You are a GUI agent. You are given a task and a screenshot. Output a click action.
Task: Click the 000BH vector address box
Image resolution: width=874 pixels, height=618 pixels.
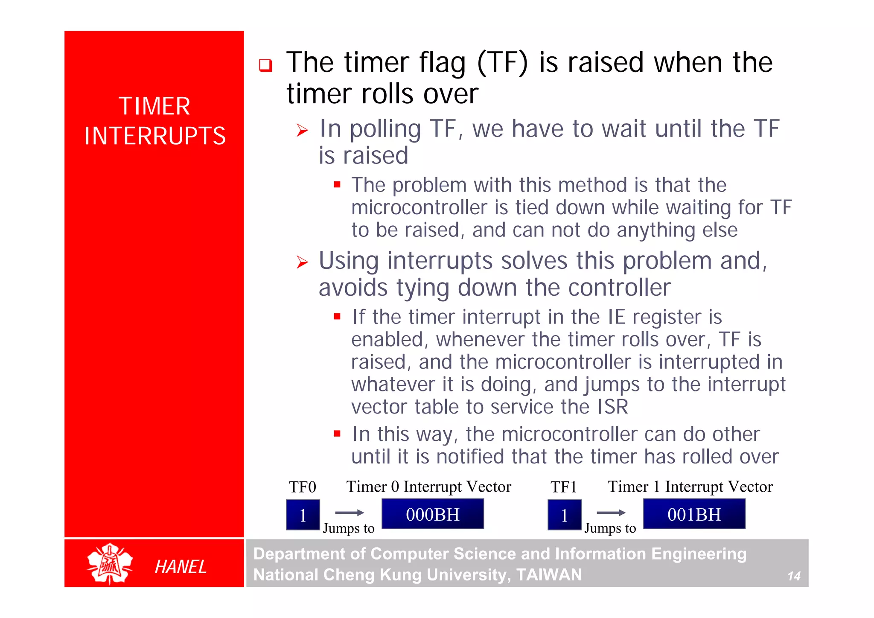(x=432, y=514)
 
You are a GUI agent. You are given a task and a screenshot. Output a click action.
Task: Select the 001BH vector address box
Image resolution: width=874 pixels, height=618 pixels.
(x=694, y=514)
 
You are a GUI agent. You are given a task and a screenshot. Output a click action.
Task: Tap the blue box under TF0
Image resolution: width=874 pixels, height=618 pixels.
(x=303, y=515)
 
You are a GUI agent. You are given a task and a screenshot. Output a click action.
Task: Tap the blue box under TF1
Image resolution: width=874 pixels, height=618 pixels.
(x=564, y=515)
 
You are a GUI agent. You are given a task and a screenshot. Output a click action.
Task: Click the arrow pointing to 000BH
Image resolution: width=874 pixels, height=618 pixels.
(x=349, y=512)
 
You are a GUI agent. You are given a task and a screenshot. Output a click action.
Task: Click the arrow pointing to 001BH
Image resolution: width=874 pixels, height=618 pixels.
(x=611, y=512)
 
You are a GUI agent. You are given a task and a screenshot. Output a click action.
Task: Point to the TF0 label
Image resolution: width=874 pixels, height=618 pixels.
(x=302, y=487)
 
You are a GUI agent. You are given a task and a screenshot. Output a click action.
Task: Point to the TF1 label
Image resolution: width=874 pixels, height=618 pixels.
(x=563, y=487)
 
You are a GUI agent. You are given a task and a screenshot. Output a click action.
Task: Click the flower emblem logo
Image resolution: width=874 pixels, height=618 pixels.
(x=110, y=563)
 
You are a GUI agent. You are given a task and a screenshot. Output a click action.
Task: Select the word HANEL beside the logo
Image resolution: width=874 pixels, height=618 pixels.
(x=181, y=567)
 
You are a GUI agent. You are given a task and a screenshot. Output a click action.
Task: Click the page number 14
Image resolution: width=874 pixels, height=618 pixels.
(x=793, y=576)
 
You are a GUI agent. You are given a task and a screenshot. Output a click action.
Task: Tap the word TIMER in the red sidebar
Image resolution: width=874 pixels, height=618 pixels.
(x=154, y=106)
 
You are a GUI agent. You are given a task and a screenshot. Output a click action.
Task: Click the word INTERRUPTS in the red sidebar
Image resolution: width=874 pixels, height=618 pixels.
(x=154, y=136)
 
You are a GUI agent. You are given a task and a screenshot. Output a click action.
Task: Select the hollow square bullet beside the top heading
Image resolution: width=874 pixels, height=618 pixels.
(x=265, y=65)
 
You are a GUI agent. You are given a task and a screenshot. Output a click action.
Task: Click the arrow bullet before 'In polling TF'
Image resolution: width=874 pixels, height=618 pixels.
(x=302, y=130)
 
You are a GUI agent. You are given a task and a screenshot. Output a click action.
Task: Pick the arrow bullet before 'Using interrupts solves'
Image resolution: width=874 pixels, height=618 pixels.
(x=302, y=262)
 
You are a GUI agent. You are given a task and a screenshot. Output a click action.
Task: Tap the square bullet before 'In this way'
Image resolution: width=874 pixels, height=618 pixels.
(x=337, y=434)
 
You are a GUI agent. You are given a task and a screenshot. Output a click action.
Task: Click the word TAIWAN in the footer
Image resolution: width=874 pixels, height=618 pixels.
(x=549, y=574)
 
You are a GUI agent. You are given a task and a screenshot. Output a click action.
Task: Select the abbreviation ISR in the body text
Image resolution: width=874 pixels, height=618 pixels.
(x=612, y=407)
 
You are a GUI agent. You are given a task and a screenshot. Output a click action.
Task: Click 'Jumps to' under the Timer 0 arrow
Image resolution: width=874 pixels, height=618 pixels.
(x=348, y=528)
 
